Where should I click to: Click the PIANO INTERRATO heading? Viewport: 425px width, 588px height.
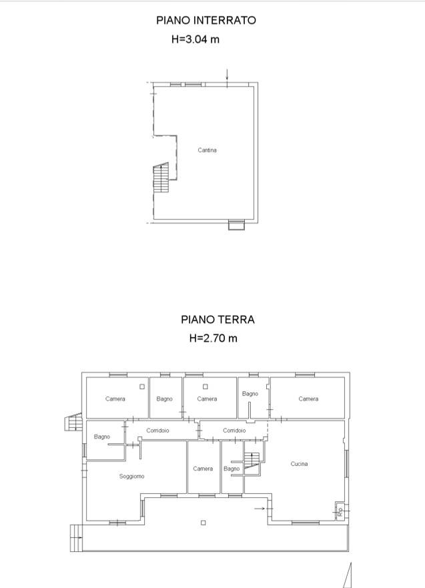pyautogui.click(x=205, y=21)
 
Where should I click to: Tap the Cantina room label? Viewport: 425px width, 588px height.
pyautogui.click(x=207, y=150)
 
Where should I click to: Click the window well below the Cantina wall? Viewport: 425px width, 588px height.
pyautogui.click(x=236, y=225)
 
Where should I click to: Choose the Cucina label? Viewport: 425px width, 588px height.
pyautogui.click(x=299, y=463)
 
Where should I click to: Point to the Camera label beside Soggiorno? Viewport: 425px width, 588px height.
pyautogui.click(x=203, y=469)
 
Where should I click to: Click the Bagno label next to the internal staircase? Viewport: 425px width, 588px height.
pyautogui.click(x=232, y=469)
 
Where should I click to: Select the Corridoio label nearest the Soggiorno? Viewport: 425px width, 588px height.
pyautogui.click(x=157, y=430)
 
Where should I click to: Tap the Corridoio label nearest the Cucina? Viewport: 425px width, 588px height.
pyautogui.click(x=234, y=430)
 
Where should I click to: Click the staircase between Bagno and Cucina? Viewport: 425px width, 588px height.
pyautogui.click(x=252, y=461)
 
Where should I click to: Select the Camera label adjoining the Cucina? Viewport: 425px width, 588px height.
pyautogui.click(x=308, y=398)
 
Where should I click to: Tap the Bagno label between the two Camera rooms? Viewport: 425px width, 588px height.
pyautogui.click(x=164, y=398)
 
